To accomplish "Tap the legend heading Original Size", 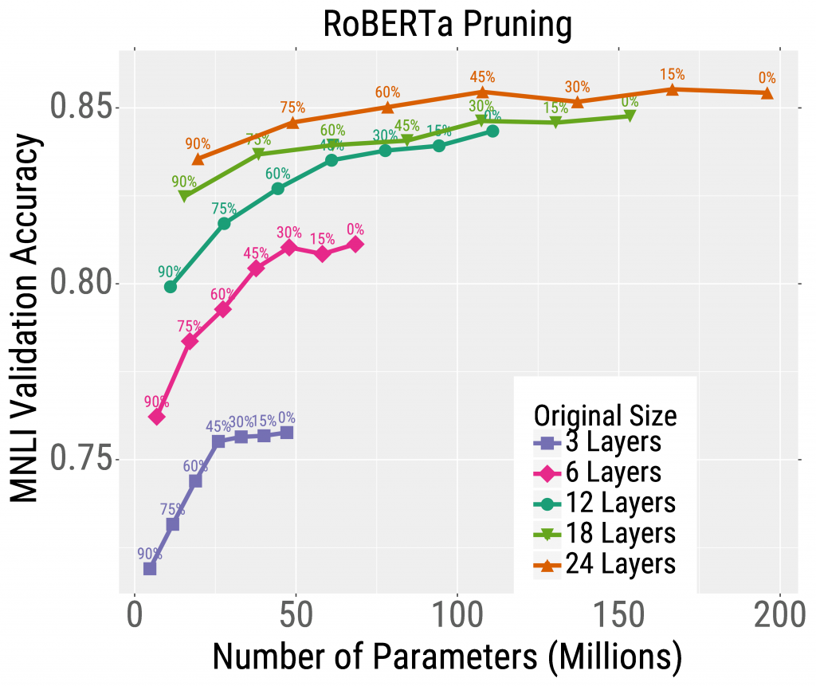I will pos(605,414).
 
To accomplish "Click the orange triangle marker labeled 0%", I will pos(767,93).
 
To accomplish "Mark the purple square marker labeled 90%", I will pos(150,568).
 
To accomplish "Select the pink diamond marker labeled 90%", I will pos(156,417).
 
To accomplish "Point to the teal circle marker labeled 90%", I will pos(170,286).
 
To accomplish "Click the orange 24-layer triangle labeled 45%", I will pos(483,92).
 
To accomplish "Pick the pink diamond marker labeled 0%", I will pos(355,244).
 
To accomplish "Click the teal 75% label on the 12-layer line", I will pos(224,209).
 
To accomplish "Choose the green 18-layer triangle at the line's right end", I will pos(630,116).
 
